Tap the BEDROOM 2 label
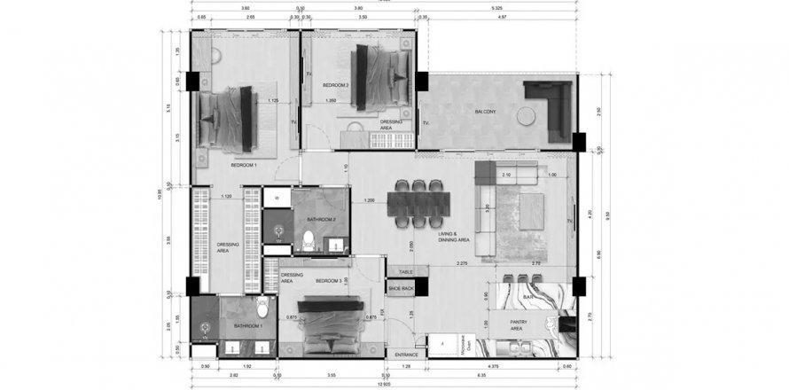coord(335,85)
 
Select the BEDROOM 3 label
coord(328,280)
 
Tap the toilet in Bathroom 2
coord(308,238)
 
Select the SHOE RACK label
coord(401,288)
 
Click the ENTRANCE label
coord(406,354)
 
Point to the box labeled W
coord(277,198)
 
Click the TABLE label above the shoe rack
coord(406,272)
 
